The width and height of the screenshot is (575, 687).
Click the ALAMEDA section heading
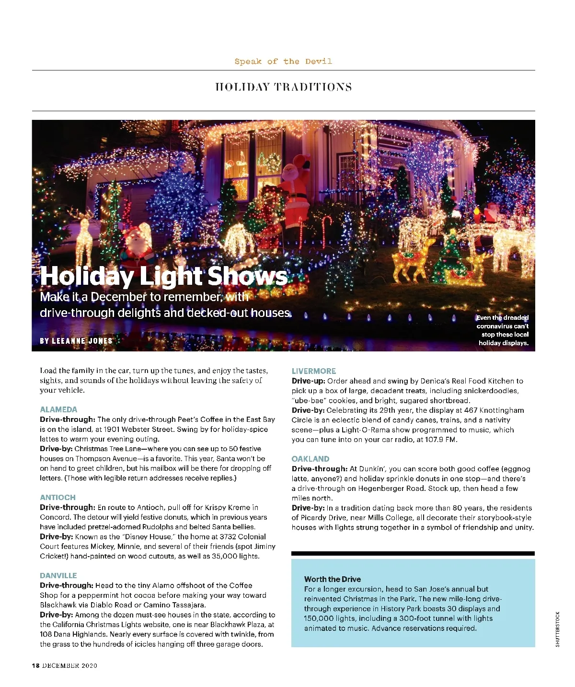click(x=58, y=409)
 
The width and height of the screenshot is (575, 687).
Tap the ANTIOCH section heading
click(x=57, y=498)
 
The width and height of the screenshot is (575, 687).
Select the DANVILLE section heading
click(x=58, y=576)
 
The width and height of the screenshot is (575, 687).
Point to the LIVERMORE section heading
click(x=314, y=371)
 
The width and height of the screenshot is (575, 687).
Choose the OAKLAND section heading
click(x=310, y=459)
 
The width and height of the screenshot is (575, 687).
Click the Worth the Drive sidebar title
click(x=333, y=579)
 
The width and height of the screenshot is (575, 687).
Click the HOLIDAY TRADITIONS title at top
click(x=284, y=87)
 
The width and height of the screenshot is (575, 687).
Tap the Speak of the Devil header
click(x=283, y=61)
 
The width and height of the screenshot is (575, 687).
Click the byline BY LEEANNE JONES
click(x=76, y=341)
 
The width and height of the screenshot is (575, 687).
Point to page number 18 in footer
click(x=35, y=665)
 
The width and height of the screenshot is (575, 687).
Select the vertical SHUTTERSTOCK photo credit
click(x=558, y=629)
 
